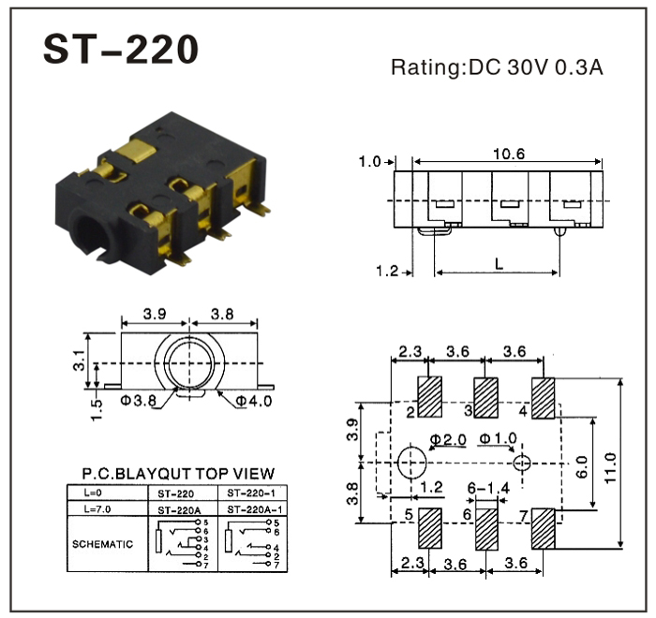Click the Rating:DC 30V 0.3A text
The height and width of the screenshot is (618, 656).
[497, 66]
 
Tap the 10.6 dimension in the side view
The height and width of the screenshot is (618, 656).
[508, 153]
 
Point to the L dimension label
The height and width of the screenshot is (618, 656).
[498, 265]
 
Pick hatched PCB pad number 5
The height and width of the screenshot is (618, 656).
[430, 530]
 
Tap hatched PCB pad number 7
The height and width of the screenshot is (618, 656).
[544, 530]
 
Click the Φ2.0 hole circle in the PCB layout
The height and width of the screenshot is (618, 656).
[411, 463]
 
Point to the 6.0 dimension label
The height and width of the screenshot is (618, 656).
[580, 463]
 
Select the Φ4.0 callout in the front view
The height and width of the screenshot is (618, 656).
[252, 403]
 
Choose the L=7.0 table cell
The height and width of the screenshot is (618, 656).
[97, 509]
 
